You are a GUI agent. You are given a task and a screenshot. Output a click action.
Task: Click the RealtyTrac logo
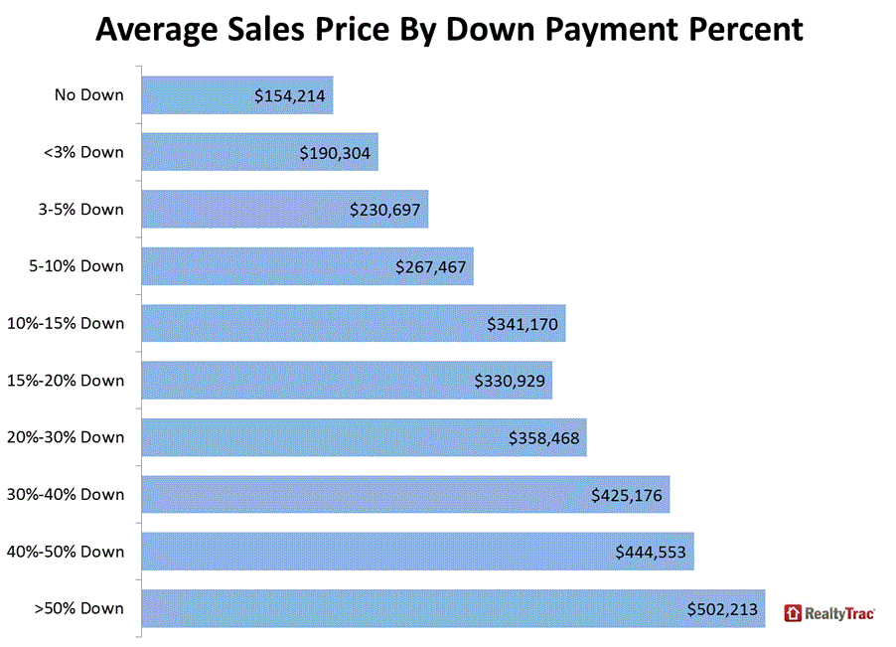pos(829,613)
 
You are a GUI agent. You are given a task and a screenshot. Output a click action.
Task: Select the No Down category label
pos(89,95)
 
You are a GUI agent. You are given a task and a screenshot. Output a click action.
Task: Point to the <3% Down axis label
pos(84,152)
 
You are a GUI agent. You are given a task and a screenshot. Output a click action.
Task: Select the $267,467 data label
pos(430,266)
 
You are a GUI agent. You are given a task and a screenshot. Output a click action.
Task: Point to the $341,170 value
pos(523,324)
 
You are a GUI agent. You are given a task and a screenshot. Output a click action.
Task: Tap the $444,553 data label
pos(651,552)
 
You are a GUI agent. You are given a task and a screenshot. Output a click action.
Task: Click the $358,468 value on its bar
pos(543,437)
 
